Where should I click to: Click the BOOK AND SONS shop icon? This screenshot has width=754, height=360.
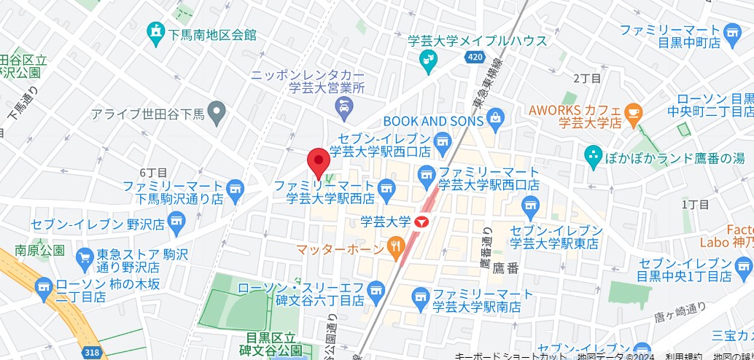496,117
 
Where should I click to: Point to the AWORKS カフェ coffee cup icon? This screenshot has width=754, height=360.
633,112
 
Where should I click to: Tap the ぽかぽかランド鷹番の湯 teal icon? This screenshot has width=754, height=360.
593,155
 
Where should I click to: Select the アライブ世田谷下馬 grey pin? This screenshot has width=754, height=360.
216,112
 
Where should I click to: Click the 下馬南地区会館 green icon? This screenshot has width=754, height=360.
155,31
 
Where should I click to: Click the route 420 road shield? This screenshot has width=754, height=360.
475,58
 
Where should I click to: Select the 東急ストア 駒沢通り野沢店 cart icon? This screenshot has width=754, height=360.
85,256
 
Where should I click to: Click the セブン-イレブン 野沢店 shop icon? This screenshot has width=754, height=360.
176,220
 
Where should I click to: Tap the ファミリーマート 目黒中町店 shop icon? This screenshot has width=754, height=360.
733,31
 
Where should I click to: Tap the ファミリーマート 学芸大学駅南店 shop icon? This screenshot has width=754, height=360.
420,296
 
